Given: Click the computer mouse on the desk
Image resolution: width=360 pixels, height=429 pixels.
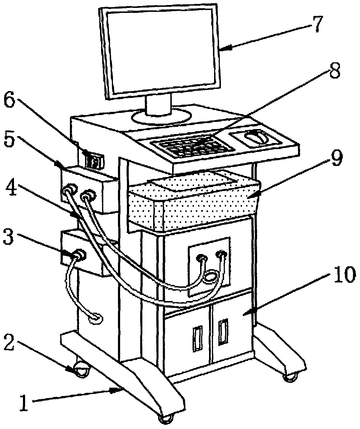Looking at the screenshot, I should pyautogui.click(x=257, y=137).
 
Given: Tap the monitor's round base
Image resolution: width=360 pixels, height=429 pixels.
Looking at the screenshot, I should pyautogui.click(x=161, y=116).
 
